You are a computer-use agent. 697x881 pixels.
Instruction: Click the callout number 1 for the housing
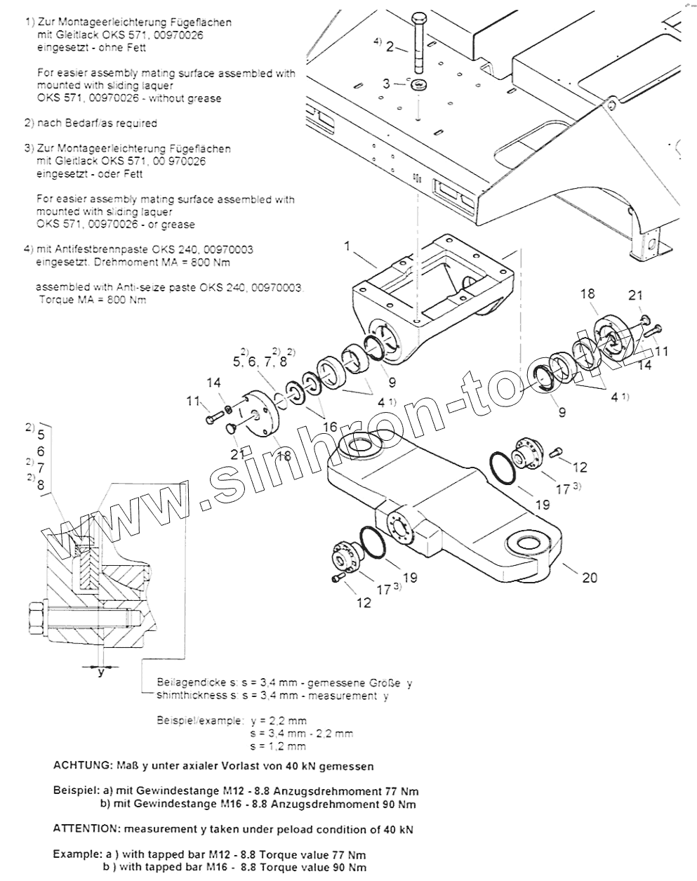click(x=347, y=246)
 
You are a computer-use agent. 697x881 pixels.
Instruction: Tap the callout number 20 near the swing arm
click(x=590, y=577)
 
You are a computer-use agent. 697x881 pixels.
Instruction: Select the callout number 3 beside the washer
click(x=385, y=84)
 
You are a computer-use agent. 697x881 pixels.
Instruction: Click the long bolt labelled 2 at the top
click(x=418, y=42)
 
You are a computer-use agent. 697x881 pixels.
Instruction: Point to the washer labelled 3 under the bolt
click(x=420, y=86)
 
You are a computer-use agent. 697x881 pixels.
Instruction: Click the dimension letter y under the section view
click(x=101, y=671)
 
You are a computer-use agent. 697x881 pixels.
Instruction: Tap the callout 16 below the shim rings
click(x=328, y=426)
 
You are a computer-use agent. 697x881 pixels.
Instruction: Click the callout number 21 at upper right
click(x=635, y=296)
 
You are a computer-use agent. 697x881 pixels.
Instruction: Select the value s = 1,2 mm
click(x=278, y=746)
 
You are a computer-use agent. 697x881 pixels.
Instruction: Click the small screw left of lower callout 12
click(x=338, y=578)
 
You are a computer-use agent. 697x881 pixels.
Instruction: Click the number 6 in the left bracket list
click(x=41, y=451)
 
